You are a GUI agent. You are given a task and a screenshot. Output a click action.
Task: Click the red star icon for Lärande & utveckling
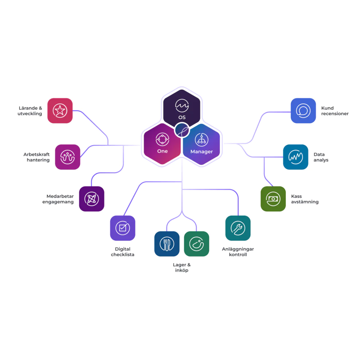tap(60, 111)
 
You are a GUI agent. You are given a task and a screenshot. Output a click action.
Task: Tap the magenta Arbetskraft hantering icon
tap(68, 157)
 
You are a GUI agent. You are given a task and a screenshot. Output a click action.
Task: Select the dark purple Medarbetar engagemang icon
tap(92, 199)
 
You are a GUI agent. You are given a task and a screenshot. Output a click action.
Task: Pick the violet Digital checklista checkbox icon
tap(123, 228)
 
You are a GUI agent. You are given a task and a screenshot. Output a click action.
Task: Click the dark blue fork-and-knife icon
tap(167, 244)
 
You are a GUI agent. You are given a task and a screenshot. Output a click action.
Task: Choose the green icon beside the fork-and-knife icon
tap(197, 244)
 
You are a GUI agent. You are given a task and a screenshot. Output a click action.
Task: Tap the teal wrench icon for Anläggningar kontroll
tap(238, 228)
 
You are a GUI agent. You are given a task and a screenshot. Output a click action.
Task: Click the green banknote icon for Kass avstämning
tap(273, 199)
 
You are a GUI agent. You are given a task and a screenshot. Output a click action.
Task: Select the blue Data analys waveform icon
tap(296, 157)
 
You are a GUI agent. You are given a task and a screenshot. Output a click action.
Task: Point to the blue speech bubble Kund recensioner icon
tap(304, 111)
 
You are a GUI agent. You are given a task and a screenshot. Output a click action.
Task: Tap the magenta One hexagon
tap(162, 144)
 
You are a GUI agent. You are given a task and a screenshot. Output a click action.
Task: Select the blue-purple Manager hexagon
tap(202, 144)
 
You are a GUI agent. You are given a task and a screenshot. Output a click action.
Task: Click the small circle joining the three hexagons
tap(182, 130)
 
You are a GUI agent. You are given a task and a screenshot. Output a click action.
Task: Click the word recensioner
tap(335, 113)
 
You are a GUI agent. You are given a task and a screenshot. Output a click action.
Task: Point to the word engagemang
tap(58, 202)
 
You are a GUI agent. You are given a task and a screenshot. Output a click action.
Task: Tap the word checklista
tap(123, 255)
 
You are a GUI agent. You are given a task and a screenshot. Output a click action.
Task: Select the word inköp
tap(182, 270)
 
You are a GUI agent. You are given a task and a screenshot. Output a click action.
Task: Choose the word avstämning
tap(305, 202)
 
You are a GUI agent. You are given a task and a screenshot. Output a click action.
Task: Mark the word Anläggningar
tap(238, 249)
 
